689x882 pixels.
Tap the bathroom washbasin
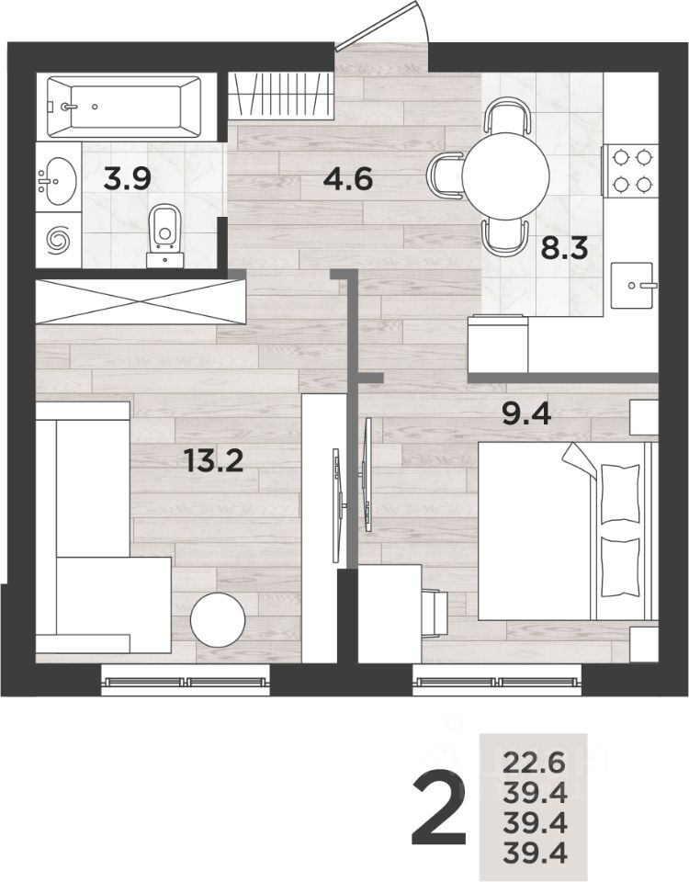click(57, 181)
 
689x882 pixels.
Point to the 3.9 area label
click(128, 180)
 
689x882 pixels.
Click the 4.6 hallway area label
click(348, 181)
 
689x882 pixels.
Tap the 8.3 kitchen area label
click(564, 248)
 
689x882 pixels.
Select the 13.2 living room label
click(214, 462)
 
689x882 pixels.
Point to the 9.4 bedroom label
click(525, 415)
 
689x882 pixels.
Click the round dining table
click(505, 175)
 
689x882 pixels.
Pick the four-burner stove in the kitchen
click(630, 171)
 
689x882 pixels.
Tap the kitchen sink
click(633, 285)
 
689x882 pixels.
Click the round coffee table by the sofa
click(218, 620)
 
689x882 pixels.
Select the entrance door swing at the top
click(382, 27)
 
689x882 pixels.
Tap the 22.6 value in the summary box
click(534, 763)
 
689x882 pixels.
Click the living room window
click(186, 681)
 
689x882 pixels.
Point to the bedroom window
click(497, 681)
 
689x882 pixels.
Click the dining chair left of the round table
click(445, 176)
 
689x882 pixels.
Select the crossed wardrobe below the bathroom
click(141, 301)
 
